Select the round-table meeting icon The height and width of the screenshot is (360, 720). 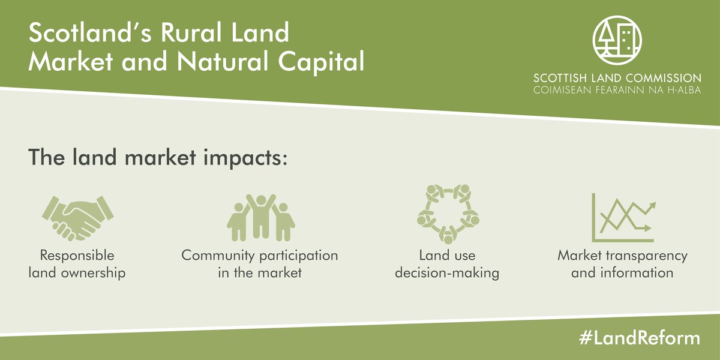coord(447,213)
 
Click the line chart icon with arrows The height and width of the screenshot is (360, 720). coord(623,217)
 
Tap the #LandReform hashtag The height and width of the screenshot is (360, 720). coord(640,338)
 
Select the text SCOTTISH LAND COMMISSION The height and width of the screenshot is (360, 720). coord(617,78)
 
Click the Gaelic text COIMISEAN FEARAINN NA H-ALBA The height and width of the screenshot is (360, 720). coord(617,89)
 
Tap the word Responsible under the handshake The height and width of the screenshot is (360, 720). coord(77,256)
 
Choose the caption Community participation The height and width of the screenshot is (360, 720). coord(260,256)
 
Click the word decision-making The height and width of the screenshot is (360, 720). coord(447,273)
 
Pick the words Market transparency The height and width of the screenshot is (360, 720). coord(623,256)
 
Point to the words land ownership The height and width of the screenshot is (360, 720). coord(77,273)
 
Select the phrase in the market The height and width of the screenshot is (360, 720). coord(260,273)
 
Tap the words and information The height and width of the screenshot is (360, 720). coord(623,273)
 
